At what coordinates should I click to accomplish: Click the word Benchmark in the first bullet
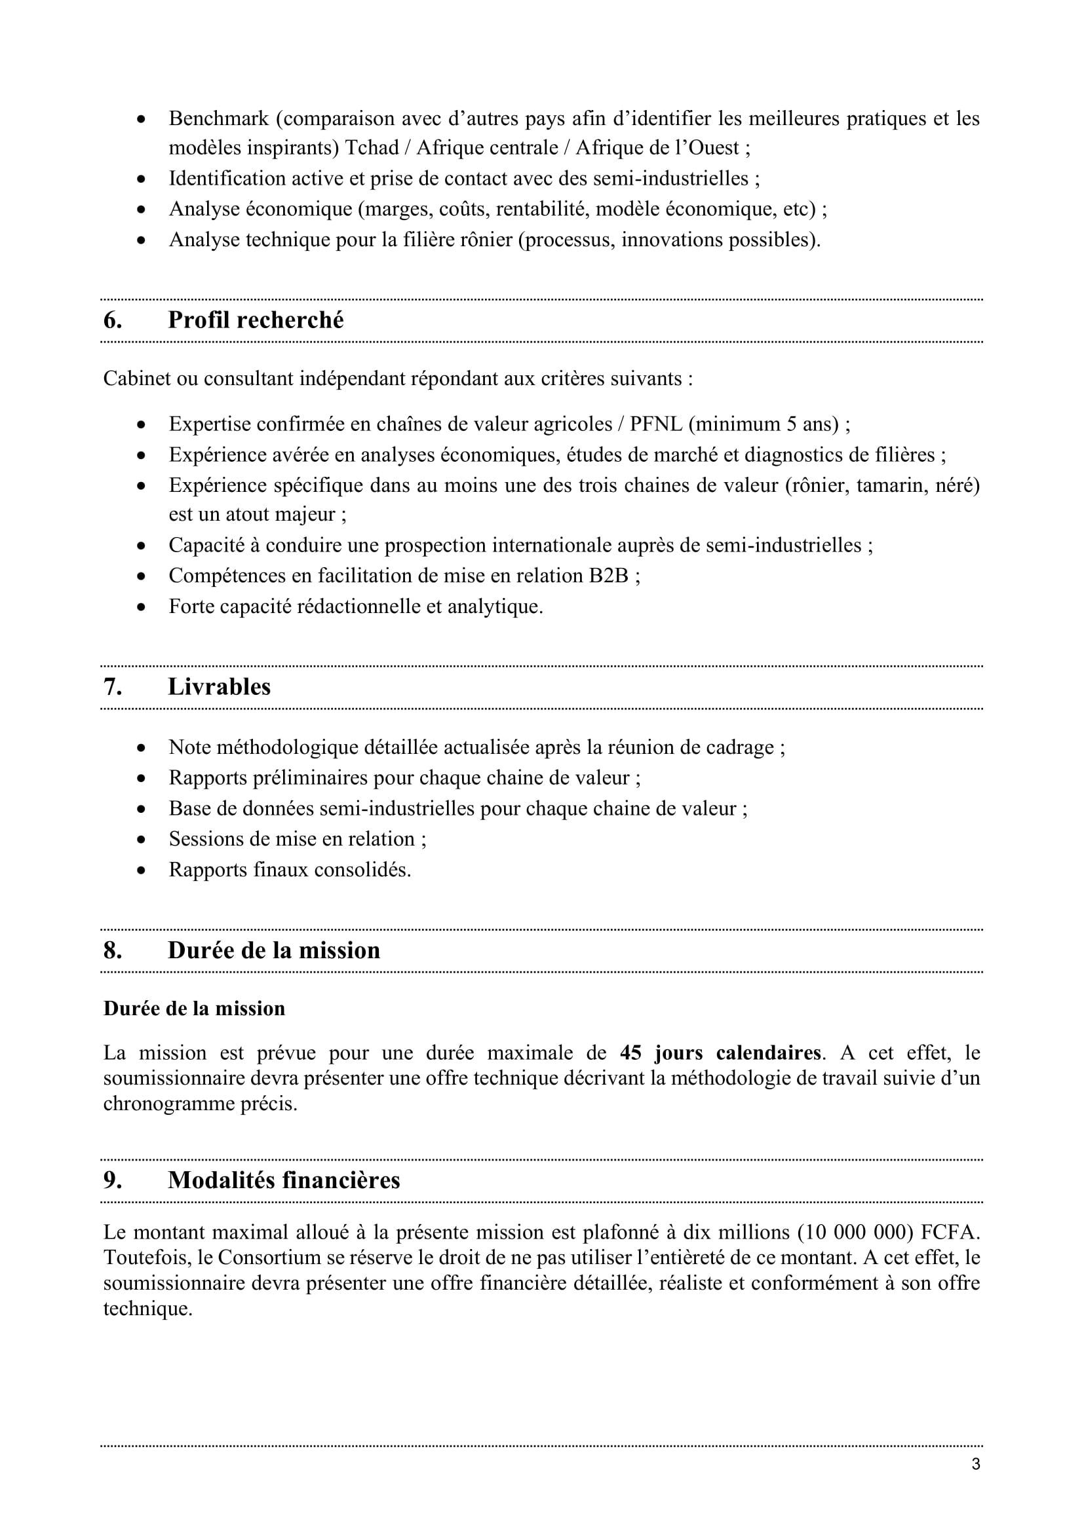click(x=218, y=119)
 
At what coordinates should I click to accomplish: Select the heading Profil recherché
click(x=256, y=320)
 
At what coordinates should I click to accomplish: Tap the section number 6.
click(x=112, y=320)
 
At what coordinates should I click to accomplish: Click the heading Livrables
click(x=219, y=686)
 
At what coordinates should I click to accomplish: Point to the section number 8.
click(x=112, y=950)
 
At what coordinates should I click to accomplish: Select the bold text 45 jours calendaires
click(x=720, y=1053)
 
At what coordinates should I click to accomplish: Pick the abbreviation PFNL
click(x=657, y=424)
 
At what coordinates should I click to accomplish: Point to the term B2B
click(x=608, y=576)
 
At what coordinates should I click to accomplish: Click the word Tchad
click(x=371, y=147)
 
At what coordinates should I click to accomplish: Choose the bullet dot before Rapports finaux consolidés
click(x=141, y=870)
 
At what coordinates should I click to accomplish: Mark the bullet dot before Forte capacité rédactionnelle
click(x=141, y=607)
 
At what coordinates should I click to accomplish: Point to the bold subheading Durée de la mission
click(x=194, y=1008)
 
